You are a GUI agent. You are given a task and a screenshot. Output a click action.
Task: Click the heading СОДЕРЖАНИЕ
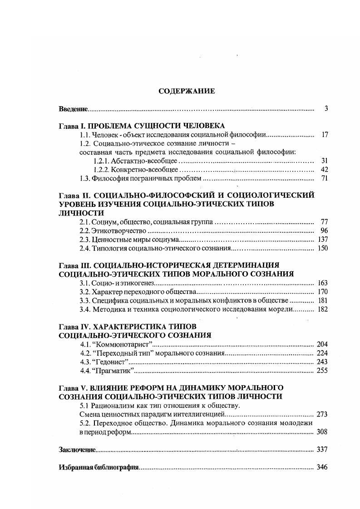pos(187,91)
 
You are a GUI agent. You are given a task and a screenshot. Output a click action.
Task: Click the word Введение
pos(73,109)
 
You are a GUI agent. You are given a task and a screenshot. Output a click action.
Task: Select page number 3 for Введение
pos(326,108)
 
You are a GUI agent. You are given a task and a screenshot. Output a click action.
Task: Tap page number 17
pos(324,135)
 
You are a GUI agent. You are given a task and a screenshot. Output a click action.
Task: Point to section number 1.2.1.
pos(101,161)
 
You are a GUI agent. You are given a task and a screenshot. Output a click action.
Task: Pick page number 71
pos(324,178)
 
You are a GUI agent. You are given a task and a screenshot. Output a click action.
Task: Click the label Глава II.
pos(76,196)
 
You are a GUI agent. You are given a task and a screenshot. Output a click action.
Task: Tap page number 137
pos(322,240)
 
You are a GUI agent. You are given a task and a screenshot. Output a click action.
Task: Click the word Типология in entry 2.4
pos(109,248)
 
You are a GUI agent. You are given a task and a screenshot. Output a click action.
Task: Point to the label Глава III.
pos(77,265)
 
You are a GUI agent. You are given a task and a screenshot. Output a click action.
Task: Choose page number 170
pos(322,292)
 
